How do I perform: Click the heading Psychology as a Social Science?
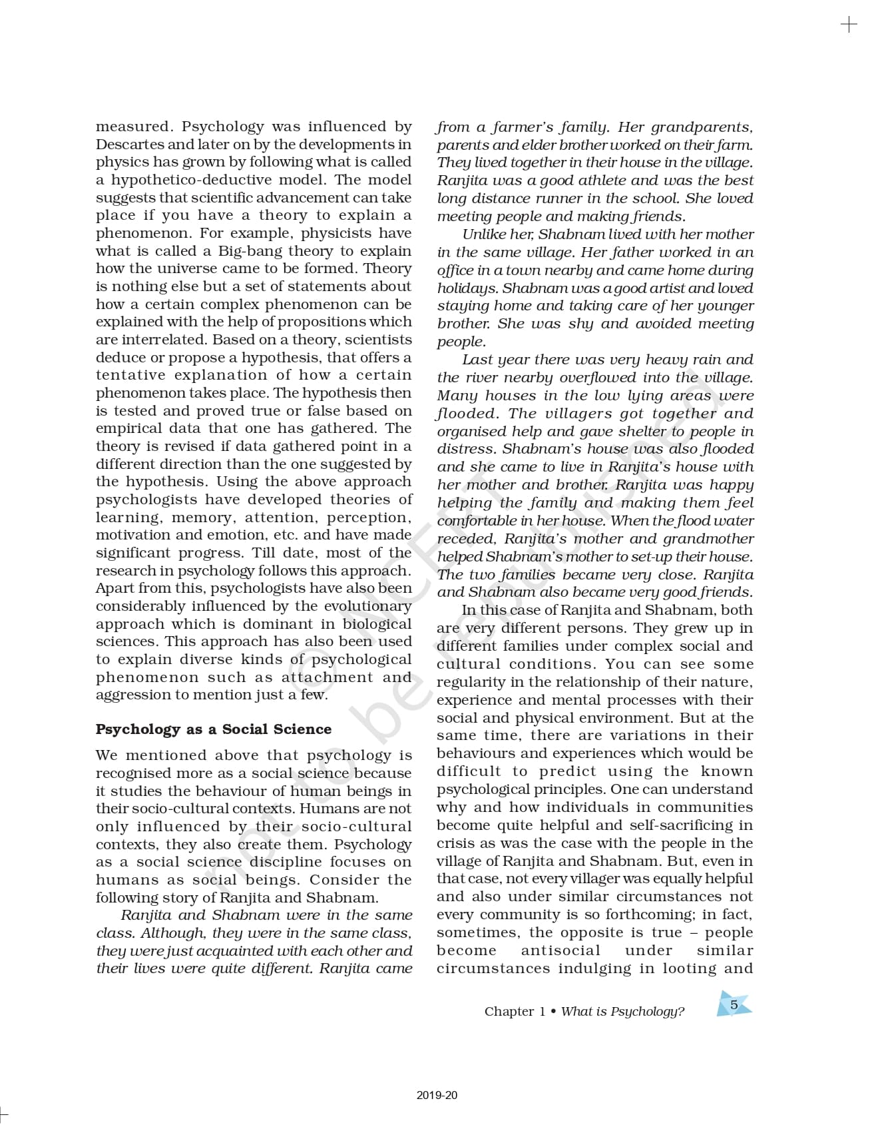(213, 729)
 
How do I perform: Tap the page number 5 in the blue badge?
(734, 1005)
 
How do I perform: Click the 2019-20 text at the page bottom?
(437, 1095)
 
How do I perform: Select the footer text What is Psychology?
(622, 1012)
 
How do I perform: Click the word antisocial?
(560, 951)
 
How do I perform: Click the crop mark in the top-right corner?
(849, 25)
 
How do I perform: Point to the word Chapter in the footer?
(509, 1012)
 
